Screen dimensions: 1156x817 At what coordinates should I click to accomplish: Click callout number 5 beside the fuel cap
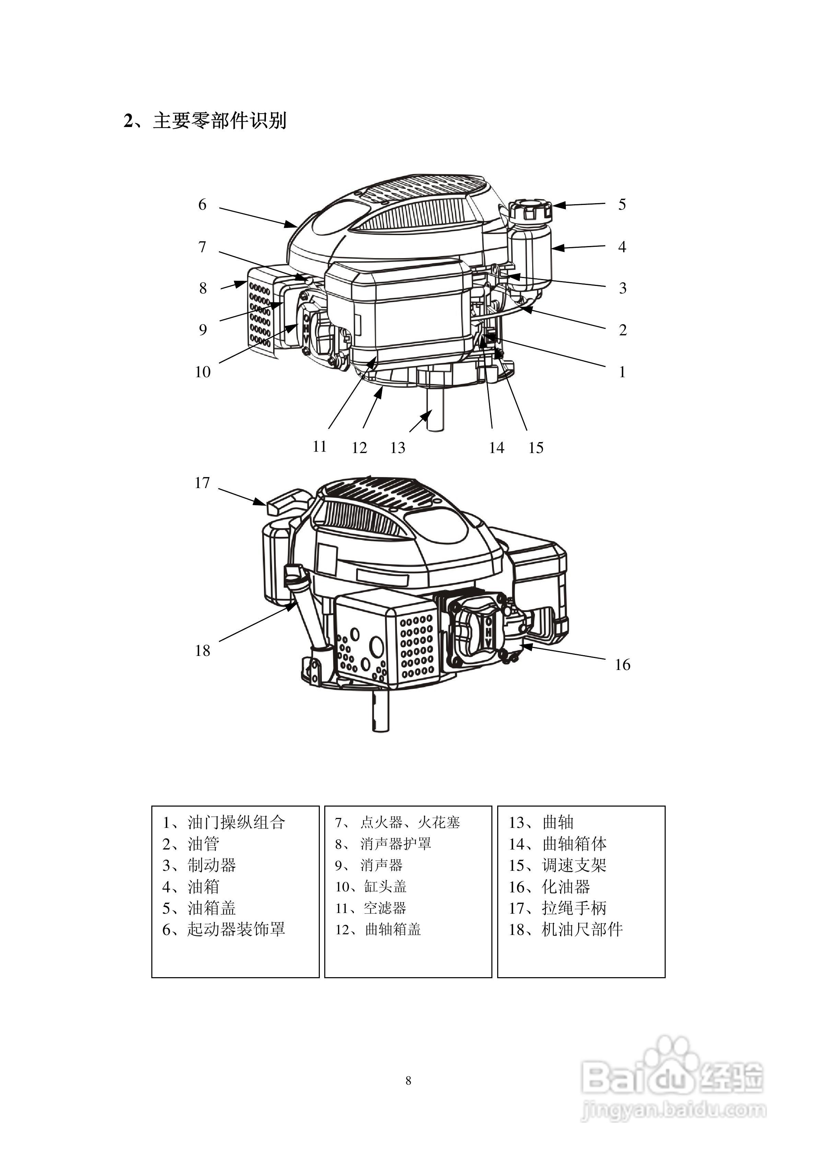click(622, 205)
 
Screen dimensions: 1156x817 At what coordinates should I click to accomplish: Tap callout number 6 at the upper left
click(202, 205)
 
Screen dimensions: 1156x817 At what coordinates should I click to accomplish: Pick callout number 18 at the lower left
click(202, 650)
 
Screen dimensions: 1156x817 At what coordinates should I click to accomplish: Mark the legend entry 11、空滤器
click(371, 908)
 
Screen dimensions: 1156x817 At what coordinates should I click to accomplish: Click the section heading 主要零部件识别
click(220, 121)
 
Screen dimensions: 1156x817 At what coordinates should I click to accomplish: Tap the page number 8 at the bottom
click(408, 1080)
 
